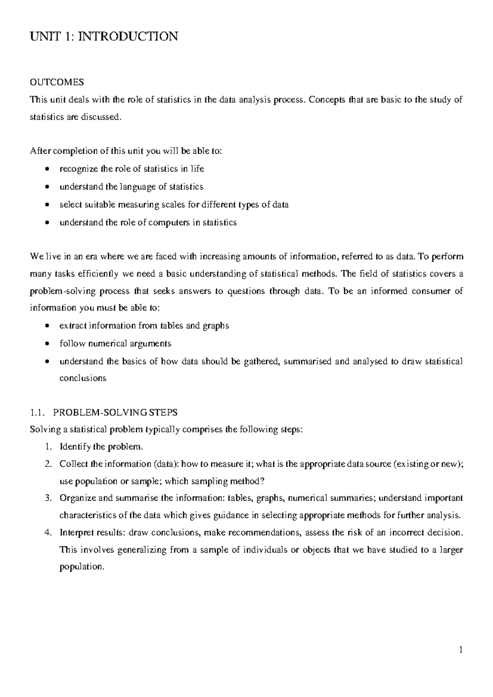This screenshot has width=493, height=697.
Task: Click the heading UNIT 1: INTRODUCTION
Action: (104, 37)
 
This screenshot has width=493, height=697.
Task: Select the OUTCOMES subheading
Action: (57, 82)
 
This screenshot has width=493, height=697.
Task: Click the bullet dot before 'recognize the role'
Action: (48, 169)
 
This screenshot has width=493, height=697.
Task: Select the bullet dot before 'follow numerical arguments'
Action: (48, 344)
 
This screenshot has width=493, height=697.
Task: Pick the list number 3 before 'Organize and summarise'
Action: (48, 499)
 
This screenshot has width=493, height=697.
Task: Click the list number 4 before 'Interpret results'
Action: (48, 533)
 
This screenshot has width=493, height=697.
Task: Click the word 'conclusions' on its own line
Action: (83, 378)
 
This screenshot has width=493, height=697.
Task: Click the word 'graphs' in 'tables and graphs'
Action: (216, 326)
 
